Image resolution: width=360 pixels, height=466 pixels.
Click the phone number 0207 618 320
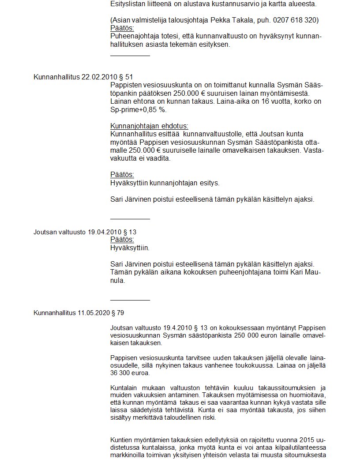[295, 20]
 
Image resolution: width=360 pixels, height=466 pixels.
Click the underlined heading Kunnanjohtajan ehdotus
[149, 126]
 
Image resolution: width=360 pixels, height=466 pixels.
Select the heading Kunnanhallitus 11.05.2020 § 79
[79, 313]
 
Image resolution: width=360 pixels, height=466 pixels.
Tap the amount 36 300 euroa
[130, 373]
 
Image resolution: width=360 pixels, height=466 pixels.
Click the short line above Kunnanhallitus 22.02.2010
[130, 56]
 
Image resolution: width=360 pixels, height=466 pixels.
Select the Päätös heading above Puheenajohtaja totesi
[122, 28]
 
